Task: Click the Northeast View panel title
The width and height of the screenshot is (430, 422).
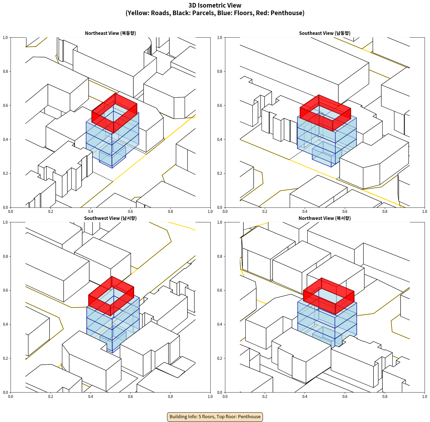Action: (x=110, y=33)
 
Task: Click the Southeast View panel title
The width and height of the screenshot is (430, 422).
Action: (x=325, y=33)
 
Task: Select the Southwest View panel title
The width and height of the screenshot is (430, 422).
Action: (x=110, y=218)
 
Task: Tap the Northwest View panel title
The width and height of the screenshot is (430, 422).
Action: (x=325, y=218)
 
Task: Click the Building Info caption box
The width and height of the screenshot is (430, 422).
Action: (x=215, y=417)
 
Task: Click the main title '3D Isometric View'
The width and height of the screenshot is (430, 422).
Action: (x=215, y=5)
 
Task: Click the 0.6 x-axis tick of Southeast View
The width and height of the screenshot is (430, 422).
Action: (x=345, y=212)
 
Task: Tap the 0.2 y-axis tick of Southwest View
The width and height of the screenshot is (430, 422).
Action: (x=6, y=358)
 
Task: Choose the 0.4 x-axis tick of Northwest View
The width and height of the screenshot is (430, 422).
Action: (x=305, y=397)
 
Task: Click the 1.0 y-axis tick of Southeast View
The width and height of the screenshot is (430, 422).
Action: (x=220, y=38)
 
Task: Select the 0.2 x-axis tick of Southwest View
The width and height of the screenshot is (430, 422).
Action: (x=51, y=397)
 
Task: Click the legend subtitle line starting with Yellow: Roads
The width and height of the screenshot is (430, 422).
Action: (x=215, y=13)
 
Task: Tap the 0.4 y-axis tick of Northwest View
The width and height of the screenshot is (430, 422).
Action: (x=220, y=324)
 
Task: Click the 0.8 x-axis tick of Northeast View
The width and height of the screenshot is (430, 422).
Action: (x=170, y=212)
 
